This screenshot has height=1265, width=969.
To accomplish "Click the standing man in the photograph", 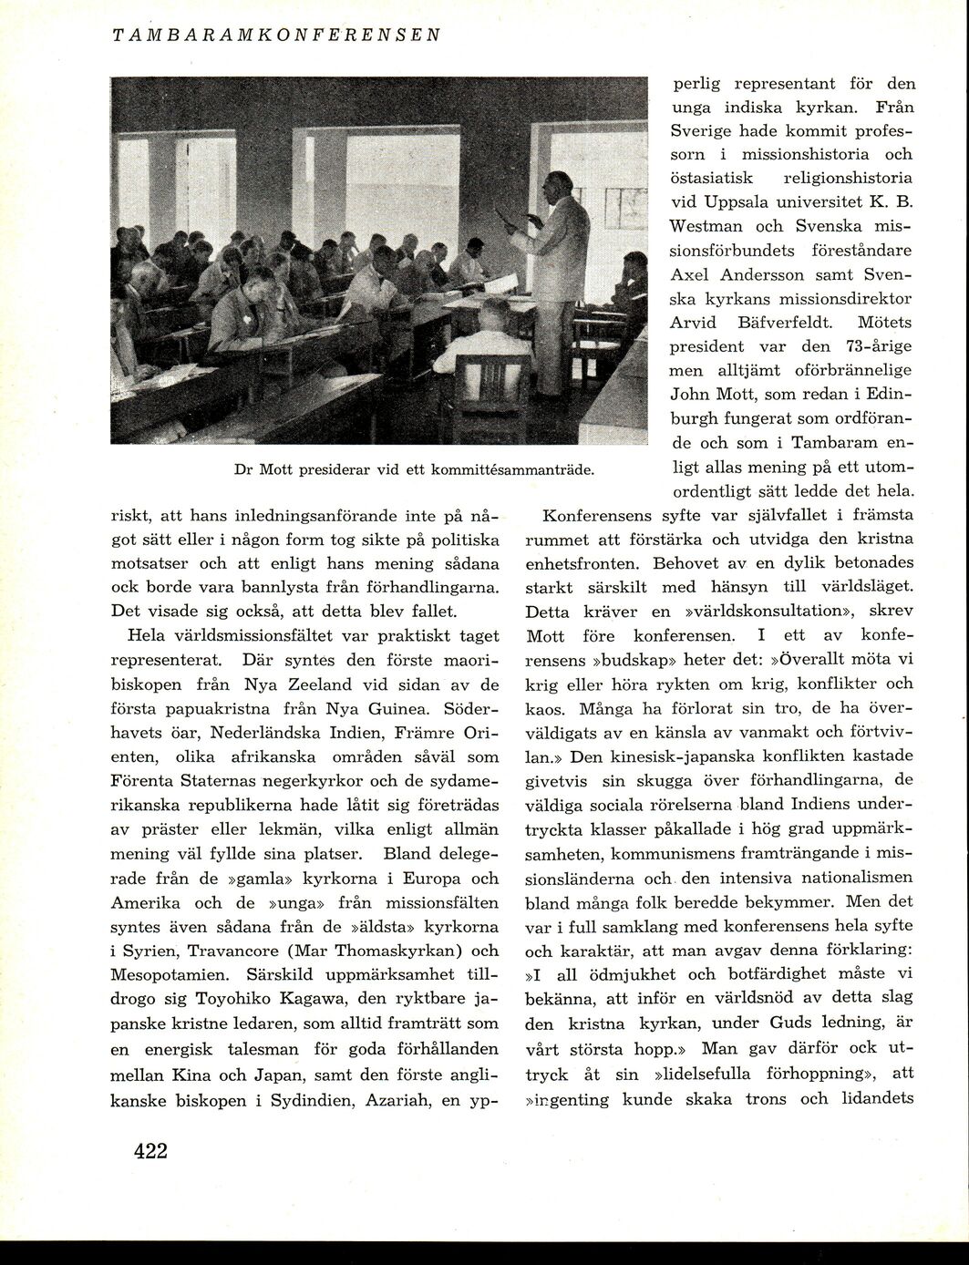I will coord(552,273).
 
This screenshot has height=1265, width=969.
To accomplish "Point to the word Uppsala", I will coord(737,201).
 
